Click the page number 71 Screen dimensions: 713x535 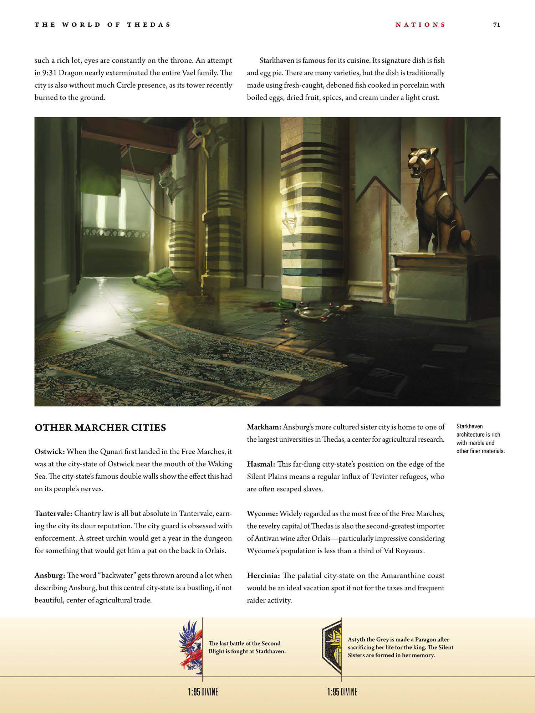click(x=496, y=25)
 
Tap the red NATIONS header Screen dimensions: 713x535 click(x=421, y=25)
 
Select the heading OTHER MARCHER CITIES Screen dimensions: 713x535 click(x=100, y=427)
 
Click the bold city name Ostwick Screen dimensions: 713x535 click(x=49, y=451)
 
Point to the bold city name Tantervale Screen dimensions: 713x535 click(x=53, y=513)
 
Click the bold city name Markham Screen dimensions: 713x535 click(x=264, y=427)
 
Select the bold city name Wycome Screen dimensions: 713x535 click(x=262, y=514)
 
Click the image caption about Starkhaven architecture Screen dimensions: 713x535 click(x=480, y=438)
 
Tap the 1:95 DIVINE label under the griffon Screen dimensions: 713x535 click(x=203, y=692)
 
